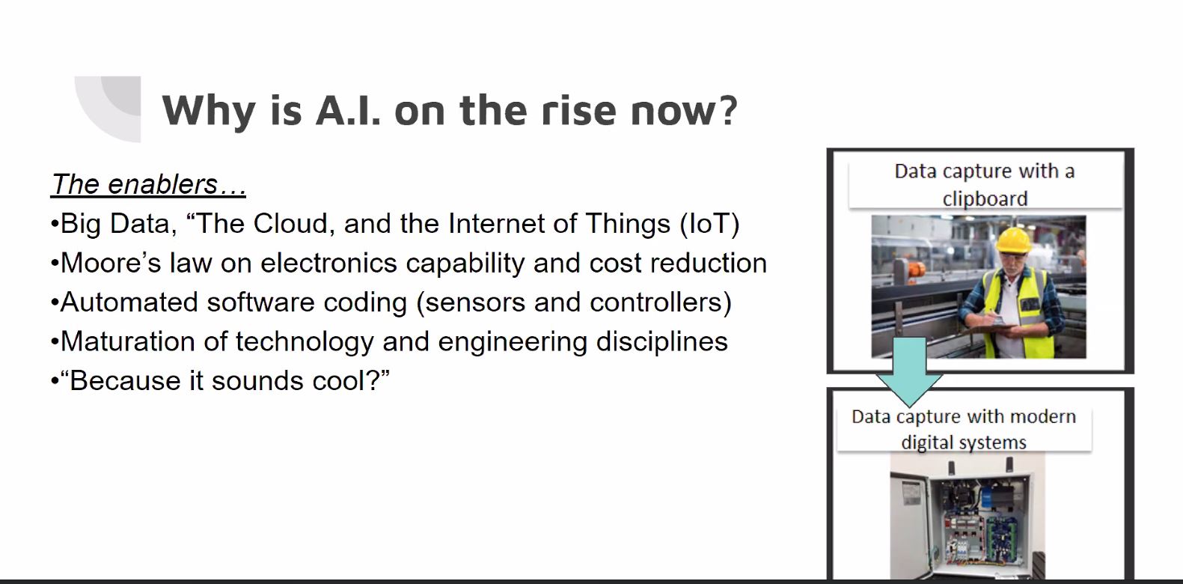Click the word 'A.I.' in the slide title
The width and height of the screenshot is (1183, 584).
coord(348,111)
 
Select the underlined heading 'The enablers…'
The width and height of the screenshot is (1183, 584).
coord(148,184)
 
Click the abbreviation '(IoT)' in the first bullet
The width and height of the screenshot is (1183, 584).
coord(709,224)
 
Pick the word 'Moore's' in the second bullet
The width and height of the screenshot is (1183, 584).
coord(111,263)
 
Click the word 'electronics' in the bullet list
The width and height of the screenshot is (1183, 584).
coord(328,263)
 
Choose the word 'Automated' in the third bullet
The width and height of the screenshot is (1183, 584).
coord(129,302)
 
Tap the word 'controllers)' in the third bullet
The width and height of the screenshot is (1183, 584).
coord(661,302)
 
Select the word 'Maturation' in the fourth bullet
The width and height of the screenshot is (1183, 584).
coord(128,341)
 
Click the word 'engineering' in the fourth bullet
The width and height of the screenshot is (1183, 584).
coord(513,342)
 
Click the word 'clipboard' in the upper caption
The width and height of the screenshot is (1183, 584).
coord(985,199)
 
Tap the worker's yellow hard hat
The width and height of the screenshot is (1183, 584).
coord(1013,240)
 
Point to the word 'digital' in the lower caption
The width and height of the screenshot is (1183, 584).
coord(926,442)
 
